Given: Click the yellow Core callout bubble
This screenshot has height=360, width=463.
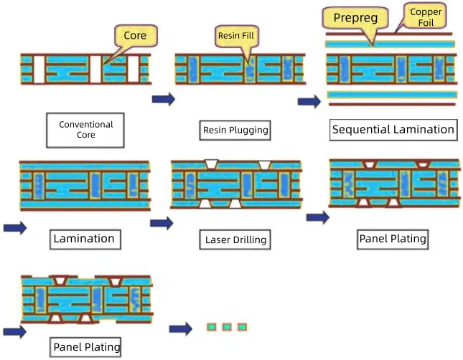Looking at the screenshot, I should click(x=135, y=36).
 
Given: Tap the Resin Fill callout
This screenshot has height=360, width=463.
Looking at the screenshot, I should click(x=235, y=34).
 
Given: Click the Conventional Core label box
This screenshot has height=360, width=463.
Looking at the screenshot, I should click(x=86, y=130).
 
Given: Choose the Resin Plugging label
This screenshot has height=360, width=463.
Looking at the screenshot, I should click(x=235, y=130).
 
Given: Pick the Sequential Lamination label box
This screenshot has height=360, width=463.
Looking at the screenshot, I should click(x=393, y=130).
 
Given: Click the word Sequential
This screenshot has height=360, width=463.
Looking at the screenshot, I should click(x=363, y=130).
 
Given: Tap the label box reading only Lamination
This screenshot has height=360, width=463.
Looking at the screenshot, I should click(x=83, y=238).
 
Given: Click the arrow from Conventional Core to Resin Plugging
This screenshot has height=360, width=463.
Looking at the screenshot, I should click(x=163, y=99).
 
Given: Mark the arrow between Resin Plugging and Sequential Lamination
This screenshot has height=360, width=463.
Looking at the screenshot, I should click(x=309, y=102).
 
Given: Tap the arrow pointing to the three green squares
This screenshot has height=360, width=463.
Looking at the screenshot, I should click(x=181, y=328).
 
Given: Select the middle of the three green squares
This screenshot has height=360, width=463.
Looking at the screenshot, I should click(x=227, y=327).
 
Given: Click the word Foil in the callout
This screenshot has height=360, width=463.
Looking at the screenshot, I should click(x=426, y=23).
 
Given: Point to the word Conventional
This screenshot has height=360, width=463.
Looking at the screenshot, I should click(x=86, y=125).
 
